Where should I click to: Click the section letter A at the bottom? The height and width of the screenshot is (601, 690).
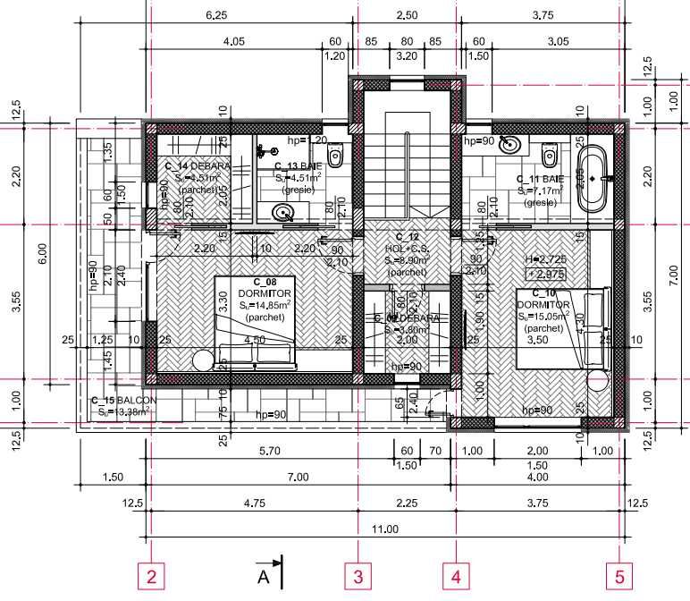point(264,576)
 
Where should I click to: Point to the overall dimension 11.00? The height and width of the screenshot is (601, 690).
point(384,529)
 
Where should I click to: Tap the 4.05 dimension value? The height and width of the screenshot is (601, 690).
point(234,41)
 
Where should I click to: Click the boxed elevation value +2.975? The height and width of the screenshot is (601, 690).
point(545,274)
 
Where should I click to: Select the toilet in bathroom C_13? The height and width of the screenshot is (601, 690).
point(336,157)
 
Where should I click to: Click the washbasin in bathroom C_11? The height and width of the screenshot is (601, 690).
point(512,143)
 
